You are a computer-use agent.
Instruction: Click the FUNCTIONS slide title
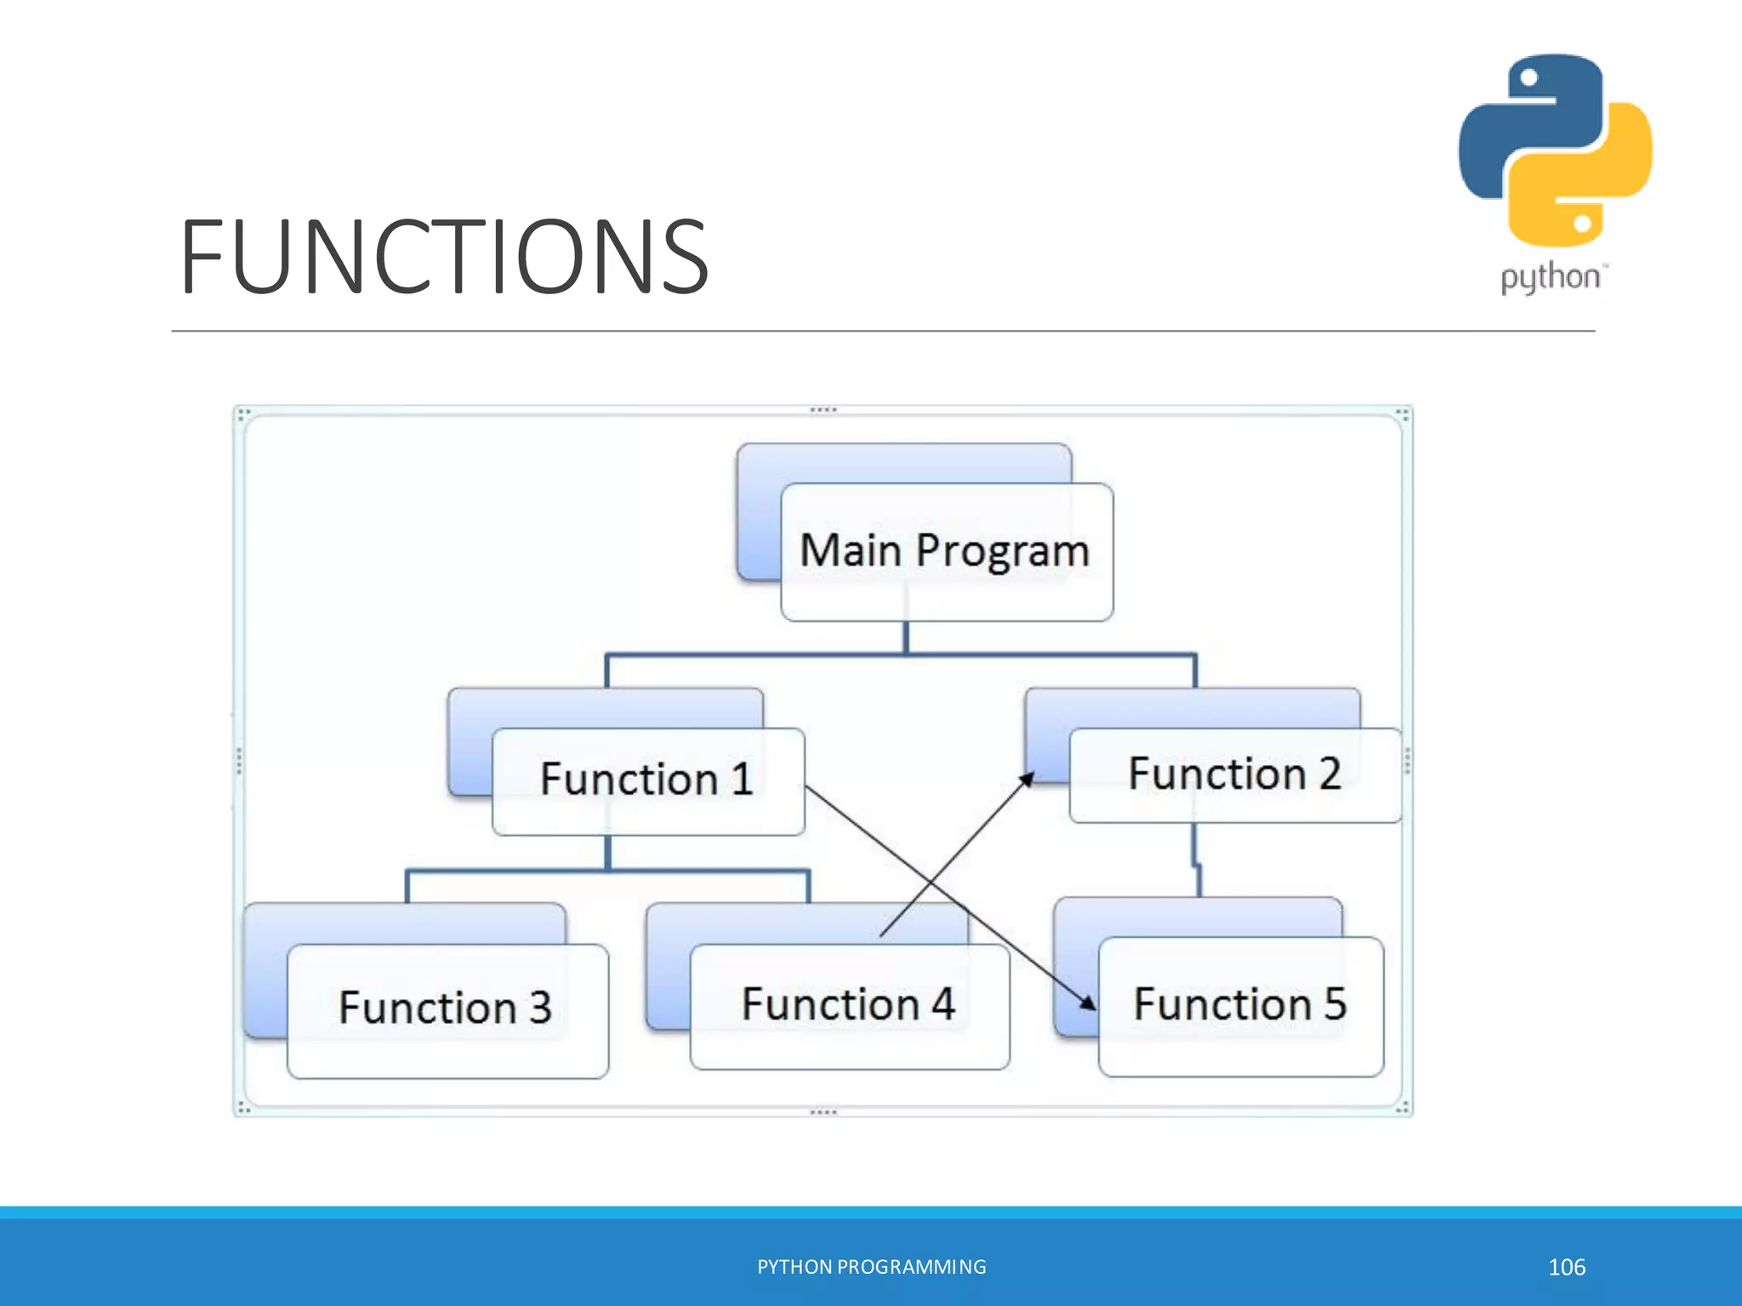pyautogui.click(x=444, y=257)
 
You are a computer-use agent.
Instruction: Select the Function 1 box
pyautogui.click(x=647, y=780)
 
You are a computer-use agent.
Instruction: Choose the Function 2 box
pyautogui.click(x=1234, y=775)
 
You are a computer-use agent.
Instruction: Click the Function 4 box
pyautogui.click(x=849, y=1005)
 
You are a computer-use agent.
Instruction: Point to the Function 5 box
pyautogui.click(x=1240, y=1005)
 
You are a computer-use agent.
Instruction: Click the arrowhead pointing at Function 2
pyautogui.click(x=1028, y=779)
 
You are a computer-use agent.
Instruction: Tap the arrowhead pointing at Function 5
pyautogui.click(x=1088, y=1003)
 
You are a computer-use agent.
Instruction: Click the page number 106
pyautogui.click(x=1567, y=1267)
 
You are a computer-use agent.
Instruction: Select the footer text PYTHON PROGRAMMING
pyautogui.click(x=872, y=1267)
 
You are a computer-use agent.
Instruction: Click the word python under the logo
pyautogui.click(x=1550, y=277)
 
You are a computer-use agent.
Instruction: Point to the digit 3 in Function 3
pyautogui.click(x=541, y=1008)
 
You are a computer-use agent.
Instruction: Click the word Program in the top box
pyautogui.click(x=1003, y=551)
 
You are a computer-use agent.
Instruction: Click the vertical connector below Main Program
pyautogui.click(x=906, y=637)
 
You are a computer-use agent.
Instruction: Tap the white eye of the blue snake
pyautogui.click(x=1529, y=78)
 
